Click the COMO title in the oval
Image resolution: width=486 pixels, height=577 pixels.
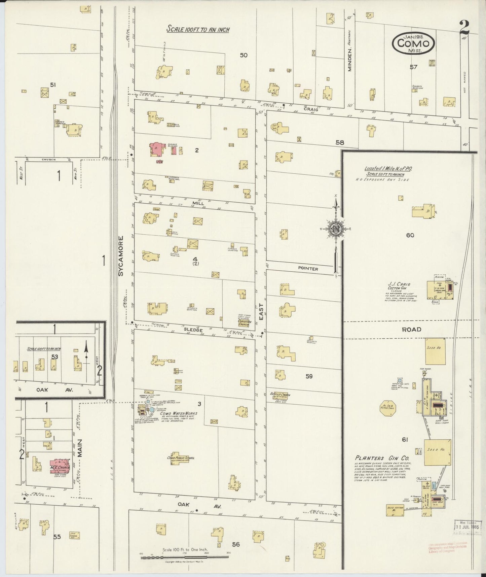tap(413, 43)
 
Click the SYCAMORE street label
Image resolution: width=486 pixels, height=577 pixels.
tap(121, 256)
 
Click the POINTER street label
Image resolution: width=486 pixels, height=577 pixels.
tap(308, 269)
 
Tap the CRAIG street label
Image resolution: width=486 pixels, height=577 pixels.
tap(310, 109)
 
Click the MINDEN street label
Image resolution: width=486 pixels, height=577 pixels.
tap(349, 59)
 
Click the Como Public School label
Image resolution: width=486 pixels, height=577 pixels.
tap(181, 458)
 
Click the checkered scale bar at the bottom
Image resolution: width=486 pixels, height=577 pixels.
tap(185, 558)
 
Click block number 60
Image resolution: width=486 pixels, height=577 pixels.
tap(410, 235)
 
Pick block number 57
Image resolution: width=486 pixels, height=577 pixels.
tap(413, 67)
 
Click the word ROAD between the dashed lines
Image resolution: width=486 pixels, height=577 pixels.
tap(412, 330)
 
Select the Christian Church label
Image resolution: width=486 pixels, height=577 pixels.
tap(245, 322)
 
